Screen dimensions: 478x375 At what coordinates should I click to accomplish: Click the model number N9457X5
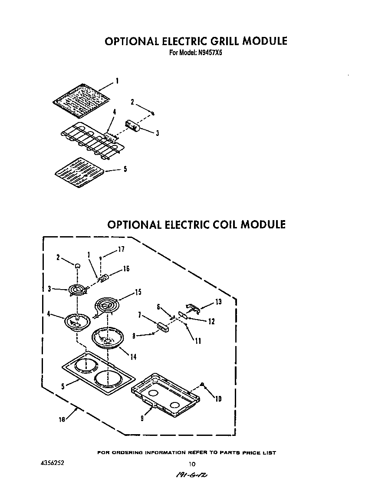(x=210, y=54)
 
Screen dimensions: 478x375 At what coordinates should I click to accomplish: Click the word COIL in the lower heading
(x=220, y=224)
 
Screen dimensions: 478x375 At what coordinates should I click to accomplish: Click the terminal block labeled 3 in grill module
(x=132, y=126)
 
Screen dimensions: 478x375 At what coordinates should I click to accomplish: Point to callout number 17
(x=121, y=249)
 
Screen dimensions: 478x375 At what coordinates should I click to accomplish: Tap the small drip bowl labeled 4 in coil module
(x=77, y=323)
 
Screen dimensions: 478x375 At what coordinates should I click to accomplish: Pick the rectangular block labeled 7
(x=164, y=327)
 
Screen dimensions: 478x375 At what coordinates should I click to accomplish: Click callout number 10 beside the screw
(x=218, y=399)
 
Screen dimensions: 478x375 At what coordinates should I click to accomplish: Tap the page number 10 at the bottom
(x=192, y=464)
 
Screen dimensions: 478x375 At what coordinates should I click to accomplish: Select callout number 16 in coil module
(x=126, y=269)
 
